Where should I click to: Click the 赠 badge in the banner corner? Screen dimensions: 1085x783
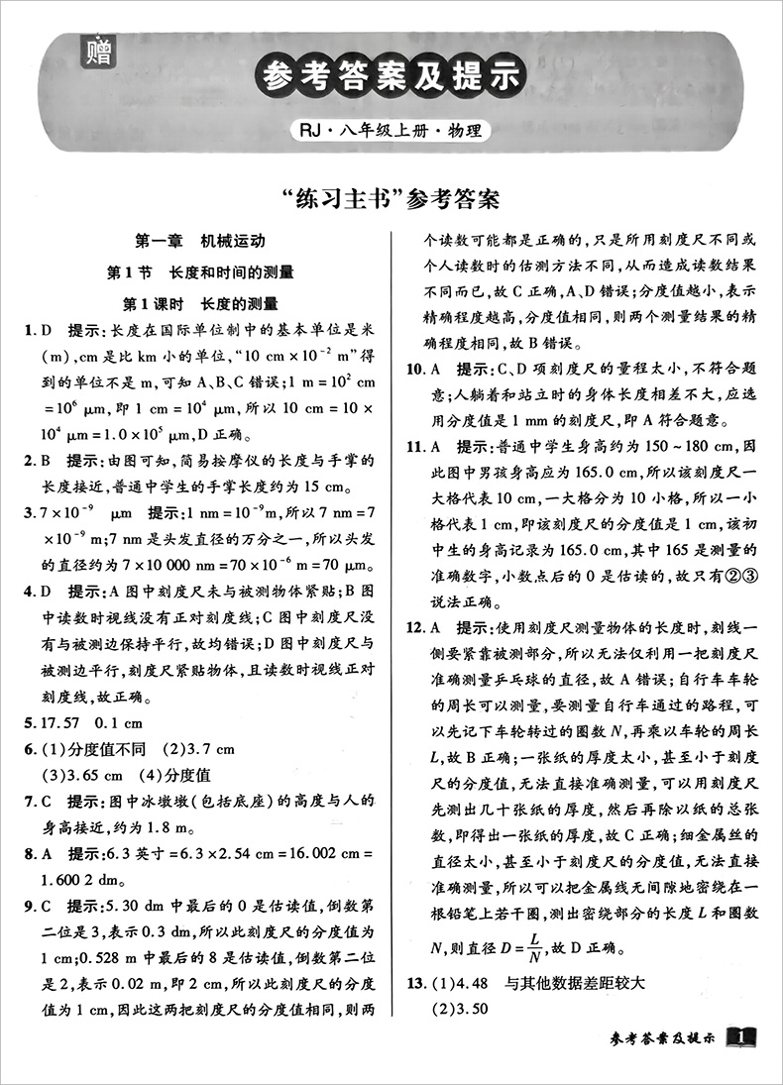point(99,49)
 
